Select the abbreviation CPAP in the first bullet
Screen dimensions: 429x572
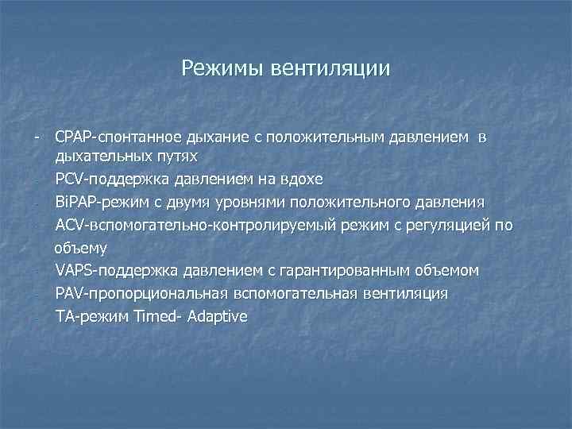pyautogui.click(x=74, y=137)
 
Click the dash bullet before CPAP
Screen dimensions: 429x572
pyautogui.click(x=37, y=137)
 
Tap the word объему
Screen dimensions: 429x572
pyautogui.click(x=80, y=247)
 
